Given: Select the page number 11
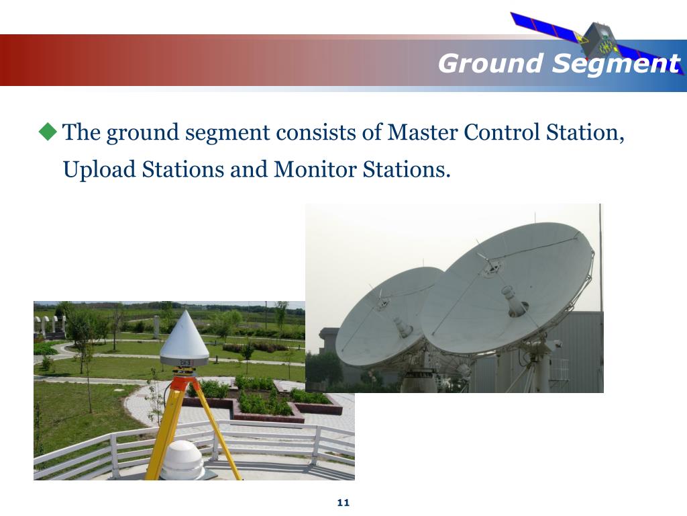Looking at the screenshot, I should (343, 503).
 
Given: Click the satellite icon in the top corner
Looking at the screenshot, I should (597, 37).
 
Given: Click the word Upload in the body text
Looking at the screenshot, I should (99, 169).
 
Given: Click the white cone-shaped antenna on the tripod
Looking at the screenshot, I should (184, 340).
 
